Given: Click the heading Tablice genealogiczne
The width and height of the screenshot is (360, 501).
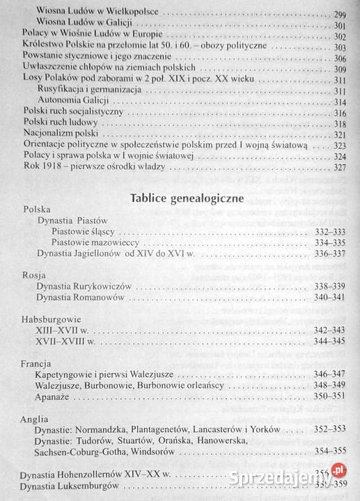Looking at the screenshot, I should pos(186,198).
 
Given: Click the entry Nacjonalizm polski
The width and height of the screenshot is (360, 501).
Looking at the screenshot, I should pos(58,134).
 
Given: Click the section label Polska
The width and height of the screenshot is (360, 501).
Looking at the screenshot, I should pos(36,209).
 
